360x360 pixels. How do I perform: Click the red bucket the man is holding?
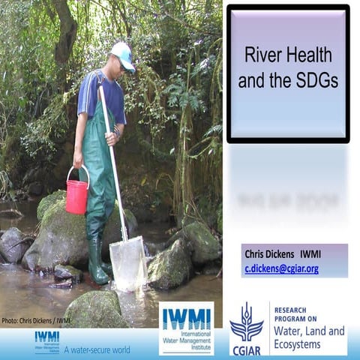tap(76, 196)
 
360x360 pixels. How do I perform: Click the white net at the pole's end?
tap(128, 263)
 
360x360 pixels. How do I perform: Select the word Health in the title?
tap(310, 56)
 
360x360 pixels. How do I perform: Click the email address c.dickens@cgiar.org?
tap(281, 268)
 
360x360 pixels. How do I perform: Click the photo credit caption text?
tap(36, 320)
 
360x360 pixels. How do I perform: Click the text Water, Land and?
tap(309, 331)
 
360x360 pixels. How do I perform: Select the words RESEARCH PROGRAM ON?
tap(295, 315)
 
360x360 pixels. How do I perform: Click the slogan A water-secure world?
tap(97, 349)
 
